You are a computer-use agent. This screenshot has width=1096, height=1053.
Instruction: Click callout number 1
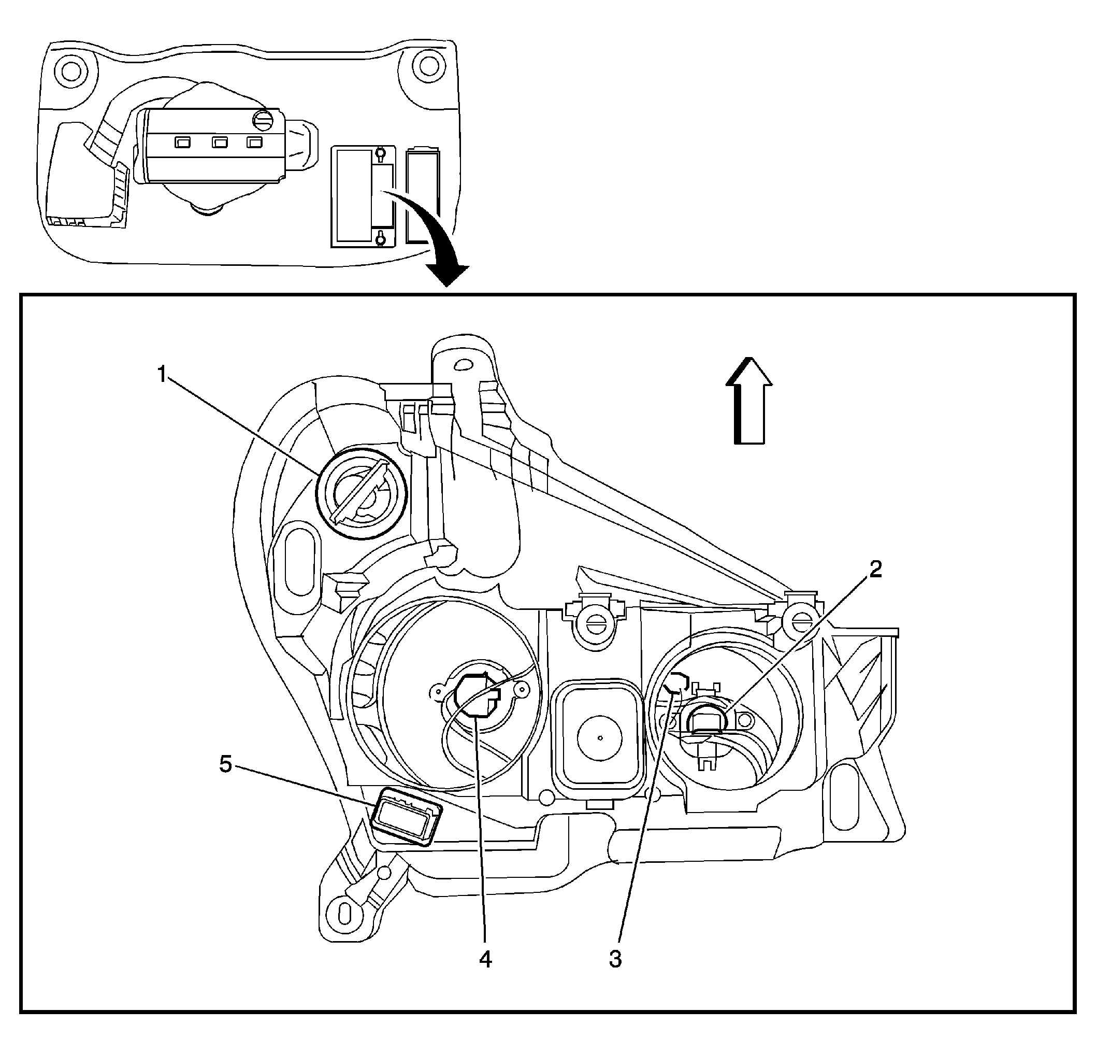pyautogui.click(x=162, y=374)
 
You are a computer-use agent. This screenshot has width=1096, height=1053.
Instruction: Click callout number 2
pyautogui.click(x=875, y=570)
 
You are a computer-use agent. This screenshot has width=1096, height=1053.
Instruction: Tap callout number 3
pyautogui.click(x=615, y=959)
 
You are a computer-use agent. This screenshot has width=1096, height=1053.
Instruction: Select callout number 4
pyautogui.click(x=485, y=959)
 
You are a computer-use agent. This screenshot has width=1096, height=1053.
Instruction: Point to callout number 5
pyautogui.click(x=225, y=764)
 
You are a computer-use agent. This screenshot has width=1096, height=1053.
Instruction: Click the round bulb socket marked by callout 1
pyautogui.click(x=361, y=493)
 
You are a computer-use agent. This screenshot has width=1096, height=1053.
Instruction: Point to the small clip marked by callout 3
pyautogui.click(x=677, y=683)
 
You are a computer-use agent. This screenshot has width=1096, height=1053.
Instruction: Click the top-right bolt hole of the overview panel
pyautogui.click(x=428, y=65)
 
